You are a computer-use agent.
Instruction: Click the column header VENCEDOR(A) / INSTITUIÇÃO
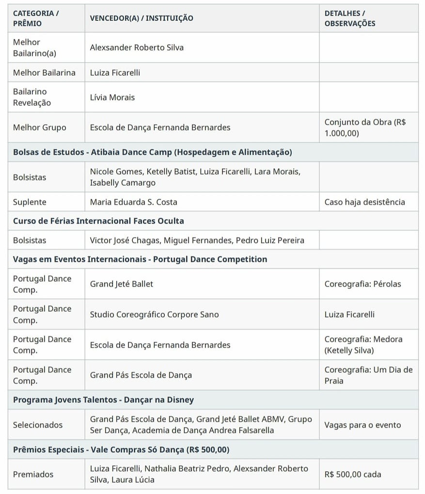point(142,18)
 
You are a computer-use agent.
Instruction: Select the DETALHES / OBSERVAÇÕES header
point(349,18)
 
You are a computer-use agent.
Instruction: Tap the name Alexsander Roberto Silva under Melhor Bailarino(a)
point(137,48)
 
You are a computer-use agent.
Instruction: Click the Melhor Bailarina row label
point(44,73)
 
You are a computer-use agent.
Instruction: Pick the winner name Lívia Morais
point(112,97)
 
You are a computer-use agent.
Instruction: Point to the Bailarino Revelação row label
point(32,97)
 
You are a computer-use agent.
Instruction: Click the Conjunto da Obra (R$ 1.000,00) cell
point(365,127)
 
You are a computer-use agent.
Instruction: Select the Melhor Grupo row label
point(40,127)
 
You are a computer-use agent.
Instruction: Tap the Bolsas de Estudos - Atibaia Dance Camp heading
point(152,152)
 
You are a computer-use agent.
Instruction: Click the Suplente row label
point(30,202)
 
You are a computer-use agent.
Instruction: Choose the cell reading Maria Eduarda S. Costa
point(134,202)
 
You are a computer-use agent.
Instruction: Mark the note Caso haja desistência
point(364,202)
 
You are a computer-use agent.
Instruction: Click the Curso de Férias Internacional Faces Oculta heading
point(98,221)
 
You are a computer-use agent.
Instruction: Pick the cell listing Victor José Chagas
point(197,240)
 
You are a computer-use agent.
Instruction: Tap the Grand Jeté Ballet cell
point(122,284)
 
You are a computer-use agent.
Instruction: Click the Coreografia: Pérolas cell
point(362,284)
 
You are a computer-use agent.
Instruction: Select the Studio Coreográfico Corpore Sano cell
point(154,315)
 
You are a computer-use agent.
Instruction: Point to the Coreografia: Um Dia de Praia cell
point(368,375)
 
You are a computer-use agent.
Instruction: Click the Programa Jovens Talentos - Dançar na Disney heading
point(103,400)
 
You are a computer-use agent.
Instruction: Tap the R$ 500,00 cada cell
point(353,475)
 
